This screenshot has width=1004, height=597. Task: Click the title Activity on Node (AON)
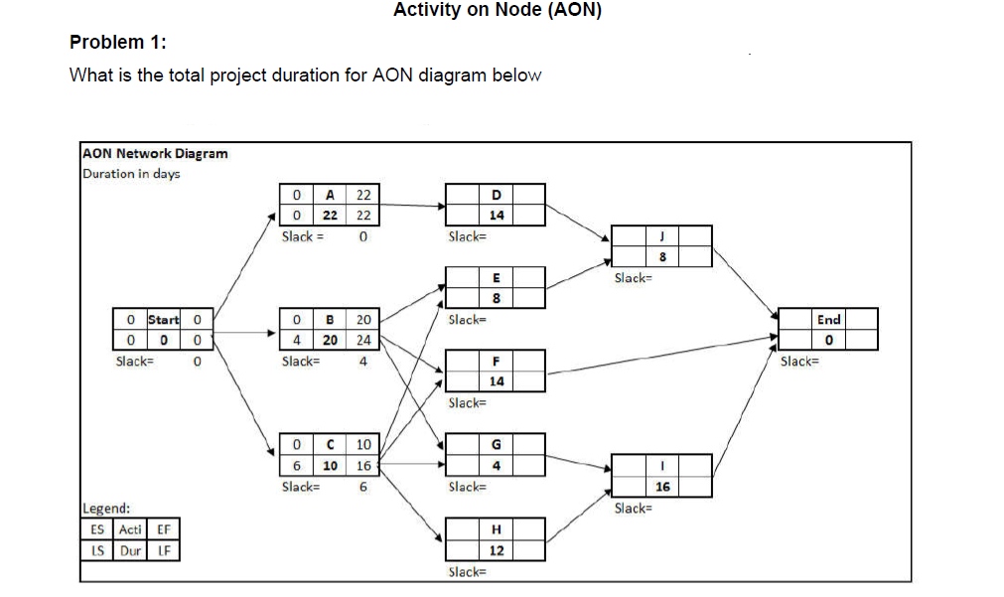pos(498,11)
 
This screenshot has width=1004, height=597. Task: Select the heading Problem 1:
pos(118,43)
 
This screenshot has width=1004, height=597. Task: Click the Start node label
pos(163,320)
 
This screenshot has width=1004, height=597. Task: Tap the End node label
pos(828,319)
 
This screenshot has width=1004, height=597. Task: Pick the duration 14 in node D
pos(497,216)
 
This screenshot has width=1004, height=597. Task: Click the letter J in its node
pos(662,236)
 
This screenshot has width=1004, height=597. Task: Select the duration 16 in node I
pos(662,487)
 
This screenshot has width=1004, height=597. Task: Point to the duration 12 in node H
pos(497,550)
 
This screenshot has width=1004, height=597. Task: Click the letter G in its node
pos(497,444)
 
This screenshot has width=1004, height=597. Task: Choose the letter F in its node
pos(497,361)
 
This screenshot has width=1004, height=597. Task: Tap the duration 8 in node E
pos(497,298)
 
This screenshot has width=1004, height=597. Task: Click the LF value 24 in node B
pos(363,340)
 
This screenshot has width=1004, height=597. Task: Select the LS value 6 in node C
pos(297,466)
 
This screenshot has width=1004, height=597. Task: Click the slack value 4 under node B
pos(363,362)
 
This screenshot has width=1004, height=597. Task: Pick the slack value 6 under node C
pos(363,487)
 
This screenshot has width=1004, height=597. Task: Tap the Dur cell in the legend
pos(130,549)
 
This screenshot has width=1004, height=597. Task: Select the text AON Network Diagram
pos(155,154)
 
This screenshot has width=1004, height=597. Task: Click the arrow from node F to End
pos(660,357)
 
